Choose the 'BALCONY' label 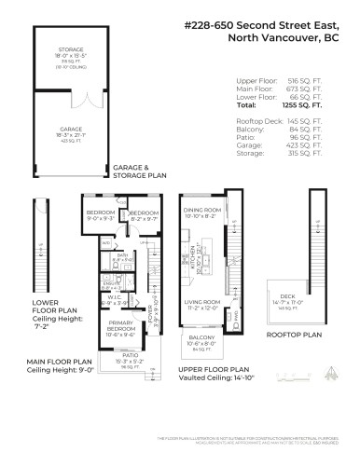tap(202, 336)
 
